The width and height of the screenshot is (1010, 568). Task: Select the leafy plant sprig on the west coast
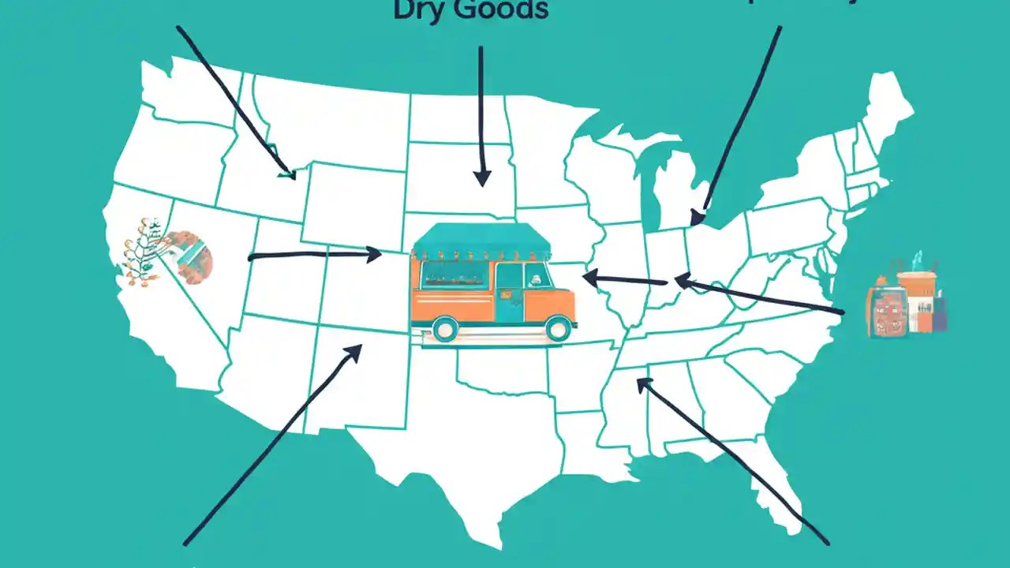[x=140, y=251]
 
